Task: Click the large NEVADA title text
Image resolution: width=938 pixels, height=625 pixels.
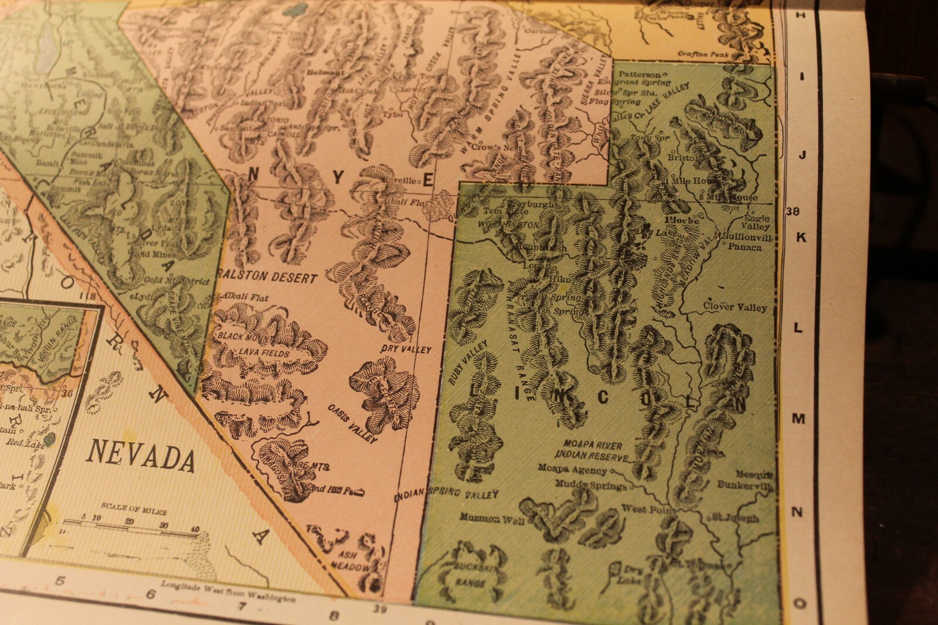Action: click(141, 457)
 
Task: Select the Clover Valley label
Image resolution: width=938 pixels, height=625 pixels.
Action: click(735, 307)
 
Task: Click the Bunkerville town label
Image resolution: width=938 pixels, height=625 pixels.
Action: click(745, 485)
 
